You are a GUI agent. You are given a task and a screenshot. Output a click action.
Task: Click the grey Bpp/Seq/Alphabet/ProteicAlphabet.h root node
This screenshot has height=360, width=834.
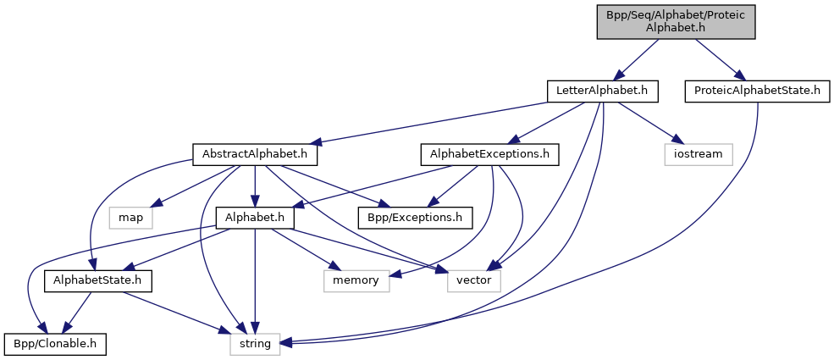point(675,20)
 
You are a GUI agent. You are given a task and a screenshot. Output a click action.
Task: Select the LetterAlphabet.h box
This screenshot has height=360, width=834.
point(602,89)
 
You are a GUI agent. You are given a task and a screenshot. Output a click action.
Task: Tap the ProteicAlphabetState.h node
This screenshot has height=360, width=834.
point(757,89)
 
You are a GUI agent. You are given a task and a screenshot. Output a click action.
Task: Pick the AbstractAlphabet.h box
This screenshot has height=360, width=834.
point(255,155)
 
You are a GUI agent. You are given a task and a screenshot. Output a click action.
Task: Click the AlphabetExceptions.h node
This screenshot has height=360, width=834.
point(489,155)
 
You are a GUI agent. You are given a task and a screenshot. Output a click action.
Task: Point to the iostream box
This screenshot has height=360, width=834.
point(699,155)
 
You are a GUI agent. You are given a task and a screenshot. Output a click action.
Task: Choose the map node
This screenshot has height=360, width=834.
point(130,218)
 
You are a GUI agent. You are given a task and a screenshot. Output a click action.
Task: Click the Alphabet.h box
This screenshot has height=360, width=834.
point(255,218)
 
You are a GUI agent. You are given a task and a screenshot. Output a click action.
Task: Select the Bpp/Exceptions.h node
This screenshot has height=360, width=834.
point(414,218)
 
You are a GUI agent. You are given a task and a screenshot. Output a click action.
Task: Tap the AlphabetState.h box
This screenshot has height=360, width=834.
point(97,280)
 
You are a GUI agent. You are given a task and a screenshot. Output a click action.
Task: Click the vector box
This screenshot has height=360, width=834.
point(474,280)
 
